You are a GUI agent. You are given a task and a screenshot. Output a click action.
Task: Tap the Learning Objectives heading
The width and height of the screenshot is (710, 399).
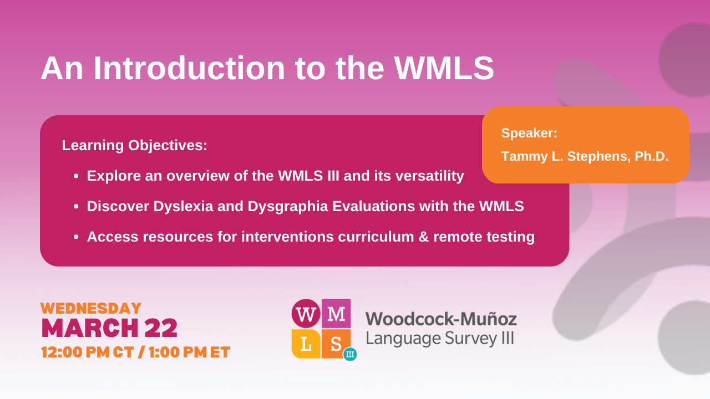pos(135,146)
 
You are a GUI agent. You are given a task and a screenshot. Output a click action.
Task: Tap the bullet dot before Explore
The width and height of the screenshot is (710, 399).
pos(77,177)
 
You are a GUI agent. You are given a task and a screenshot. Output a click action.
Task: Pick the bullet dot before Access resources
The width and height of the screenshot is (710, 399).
pos(77,238)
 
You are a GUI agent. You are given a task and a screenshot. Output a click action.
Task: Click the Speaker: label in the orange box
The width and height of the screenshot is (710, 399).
pos(529,133)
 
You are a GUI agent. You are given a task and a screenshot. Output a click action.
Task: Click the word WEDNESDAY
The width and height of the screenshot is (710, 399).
pos(91,309)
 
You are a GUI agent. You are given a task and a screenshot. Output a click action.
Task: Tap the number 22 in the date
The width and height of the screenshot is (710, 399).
pos(161,329)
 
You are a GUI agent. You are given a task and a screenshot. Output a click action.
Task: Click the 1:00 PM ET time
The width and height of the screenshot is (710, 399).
pos(189,352)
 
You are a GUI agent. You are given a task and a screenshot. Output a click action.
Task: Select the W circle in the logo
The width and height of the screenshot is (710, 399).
pos(306,314)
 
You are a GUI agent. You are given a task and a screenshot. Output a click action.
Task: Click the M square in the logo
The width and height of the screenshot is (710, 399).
pos(336,314)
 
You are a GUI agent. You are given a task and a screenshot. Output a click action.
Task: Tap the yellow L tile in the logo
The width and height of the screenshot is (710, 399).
pos(306,344)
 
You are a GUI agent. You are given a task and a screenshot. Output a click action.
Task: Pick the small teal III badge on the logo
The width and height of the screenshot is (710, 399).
pos(350,354)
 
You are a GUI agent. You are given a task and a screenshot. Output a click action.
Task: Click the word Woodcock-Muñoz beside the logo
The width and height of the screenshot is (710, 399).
pos(441,319)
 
